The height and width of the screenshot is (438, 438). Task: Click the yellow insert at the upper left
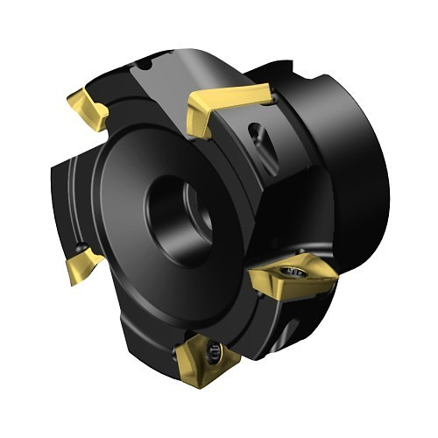pyautogui.click(x=88, y=106)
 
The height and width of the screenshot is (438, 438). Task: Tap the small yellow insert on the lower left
pyautogui.click(x=82, y=263)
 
